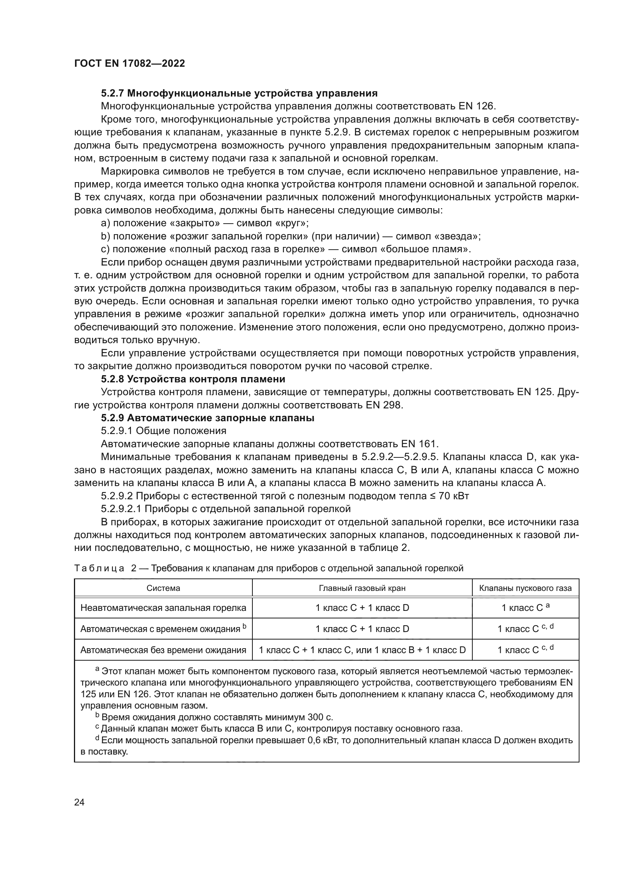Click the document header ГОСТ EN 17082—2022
point(129,64)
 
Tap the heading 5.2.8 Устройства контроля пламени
point(193,379)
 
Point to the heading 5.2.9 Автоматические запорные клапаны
point(207,418)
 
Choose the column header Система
point(163,588)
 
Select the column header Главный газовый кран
point(362,588)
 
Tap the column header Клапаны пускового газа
point(525,588)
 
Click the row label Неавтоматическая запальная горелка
point(163,608)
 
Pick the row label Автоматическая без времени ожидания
point(163,650)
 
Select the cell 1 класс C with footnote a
point(525,608)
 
